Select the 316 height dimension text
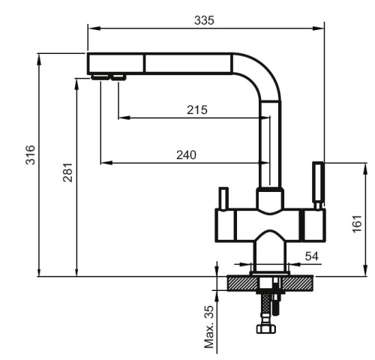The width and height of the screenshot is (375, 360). click(x=29, y=154)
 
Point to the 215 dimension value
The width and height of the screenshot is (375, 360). click(x=196, y=109)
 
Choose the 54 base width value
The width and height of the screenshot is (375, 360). click(x=311, y=256)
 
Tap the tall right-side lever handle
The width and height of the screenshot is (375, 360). click(x=317, y=184)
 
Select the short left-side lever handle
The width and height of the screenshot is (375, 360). click(x=223, y=198)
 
